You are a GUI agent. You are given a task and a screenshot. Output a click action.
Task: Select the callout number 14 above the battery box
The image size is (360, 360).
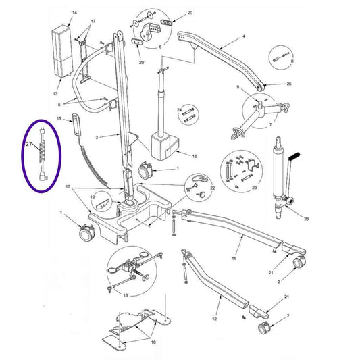[x=74, y=14]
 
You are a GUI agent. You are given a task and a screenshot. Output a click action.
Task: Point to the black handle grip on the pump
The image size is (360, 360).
[x=294, y=158]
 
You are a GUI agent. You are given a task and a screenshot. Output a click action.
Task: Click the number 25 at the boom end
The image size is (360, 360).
[x=289, y=84]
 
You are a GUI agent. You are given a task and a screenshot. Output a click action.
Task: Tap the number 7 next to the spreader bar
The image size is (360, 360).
[x=270, y=126]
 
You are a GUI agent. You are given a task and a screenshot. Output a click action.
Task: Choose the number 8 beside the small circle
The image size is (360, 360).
[x=292, y=62]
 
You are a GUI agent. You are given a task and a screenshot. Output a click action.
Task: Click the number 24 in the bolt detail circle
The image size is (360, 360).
[x=180, y=109]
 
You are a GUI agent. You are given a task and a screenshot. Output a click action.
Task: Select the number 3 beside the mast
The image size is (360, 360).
[x=98, y=137]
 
